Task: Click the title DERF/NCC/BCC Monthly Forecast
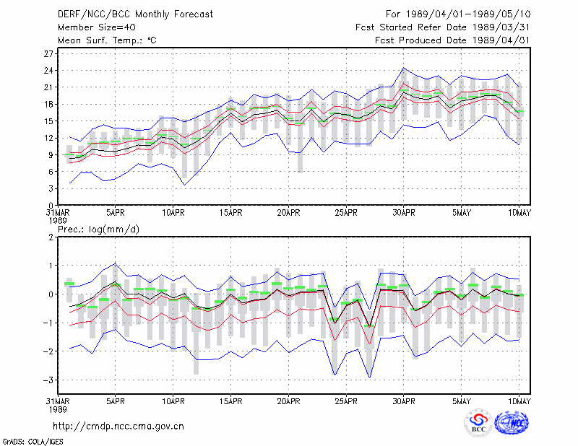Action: tap(135, 14)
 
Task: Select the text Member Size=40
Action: tap(97, 27)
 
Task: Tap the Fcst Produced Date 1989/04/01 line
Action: tap(452, 40)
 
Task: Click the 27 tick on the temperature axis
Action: tap(49, 54)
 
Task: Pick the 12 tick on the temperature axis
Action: tap(49, 138)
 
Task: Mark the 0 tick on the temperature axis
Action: tap(51, 205)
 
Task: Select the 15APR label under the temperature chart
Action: tap(230, 213)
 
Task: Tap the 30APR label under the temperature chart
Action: tap(404, 213)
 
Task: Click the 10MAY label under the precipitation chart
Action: tap(519, 401)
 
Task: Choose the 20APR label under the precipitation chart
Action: tap(288, 401)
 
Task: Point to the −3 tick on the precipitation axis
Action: tap(48, 380)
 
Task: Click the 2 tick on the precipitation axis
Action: tap(51, 237)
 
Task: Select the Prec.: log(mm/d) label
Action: tap(98, 229)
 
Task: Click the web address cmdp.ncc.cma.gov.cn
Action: tap(118, 427)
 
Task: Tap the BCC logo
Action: tap(478, 422)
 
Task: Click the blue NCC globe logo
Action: tap(512, 422)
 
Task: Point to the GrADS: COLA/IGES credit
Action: tap(33, 442)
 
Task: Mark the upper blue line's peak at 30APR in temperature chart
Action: tap(404, 68)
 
